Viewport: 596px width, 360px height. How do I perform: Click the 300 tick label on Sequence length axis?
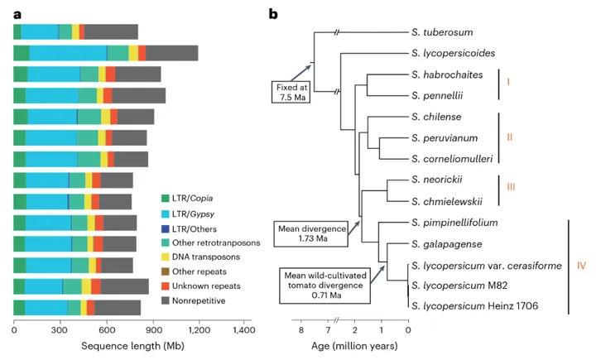click(71, 330)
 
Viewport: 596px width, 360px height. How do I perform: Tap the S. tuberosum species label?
click(442, 33)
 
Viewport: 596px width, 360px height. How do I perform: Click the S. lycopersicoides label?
click(453, 54)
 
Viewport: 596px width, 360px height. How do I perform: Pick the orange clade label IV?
click(581, 266)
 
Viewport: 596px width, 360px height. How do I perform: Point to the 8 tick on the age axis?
click(301, 330)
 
